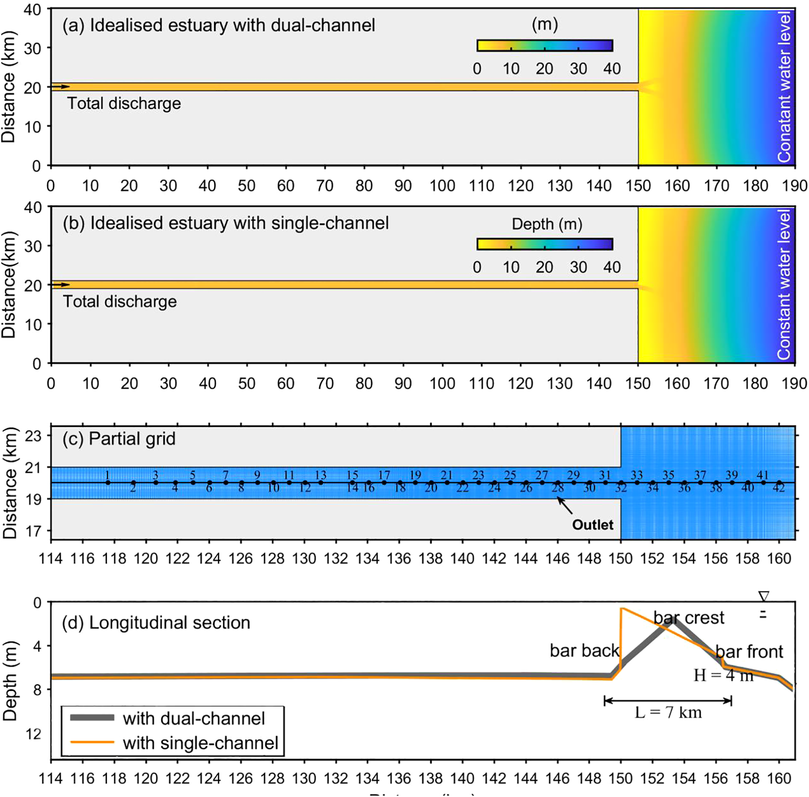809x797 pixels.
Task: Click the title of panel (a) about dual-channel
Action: click(x=218, y=26)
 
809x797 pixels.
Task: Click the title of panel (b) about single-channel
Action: click(x=226, y=224)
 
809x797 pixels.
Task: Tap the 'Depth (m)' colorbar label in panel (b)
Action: click(x=547, y=224)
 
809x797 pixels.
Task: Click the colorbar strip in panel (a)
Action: click(x=544, y=45)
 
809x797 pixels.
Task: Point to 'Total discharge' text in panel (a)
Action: click(x=124, y=104)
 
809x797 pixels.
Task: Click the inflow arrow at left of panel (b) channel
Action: click(x=61, y=285)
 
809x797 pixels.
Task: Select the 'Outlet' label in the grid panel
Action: click(x=592, y=524)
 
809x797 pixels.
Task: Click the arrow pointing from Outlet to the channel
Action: click(x=565, y=506)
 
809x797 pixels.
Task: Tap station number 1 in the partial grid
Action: click(x=107, y=475)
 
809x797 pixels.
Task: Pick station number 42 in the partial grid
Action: click(x=779, y=488)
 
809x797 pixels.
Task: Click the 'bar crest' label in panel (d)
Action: click(x=688, y=618)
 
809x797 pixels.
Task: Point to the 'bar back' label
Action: click(x=584, y=650)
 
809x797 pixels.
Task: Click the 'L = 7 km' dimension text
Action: click(x=668, y=713)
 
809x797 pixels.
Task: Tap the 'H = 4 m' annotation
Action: click(x=723, y=676)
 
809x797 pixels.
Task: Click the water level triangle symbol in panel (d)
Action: click(x=763, y=596)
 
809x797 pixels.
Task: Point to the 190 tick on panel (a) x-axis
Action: click(x=794, y=186)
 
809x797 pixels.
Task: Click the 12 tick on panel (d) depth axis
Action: click(x=33, y=734)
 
